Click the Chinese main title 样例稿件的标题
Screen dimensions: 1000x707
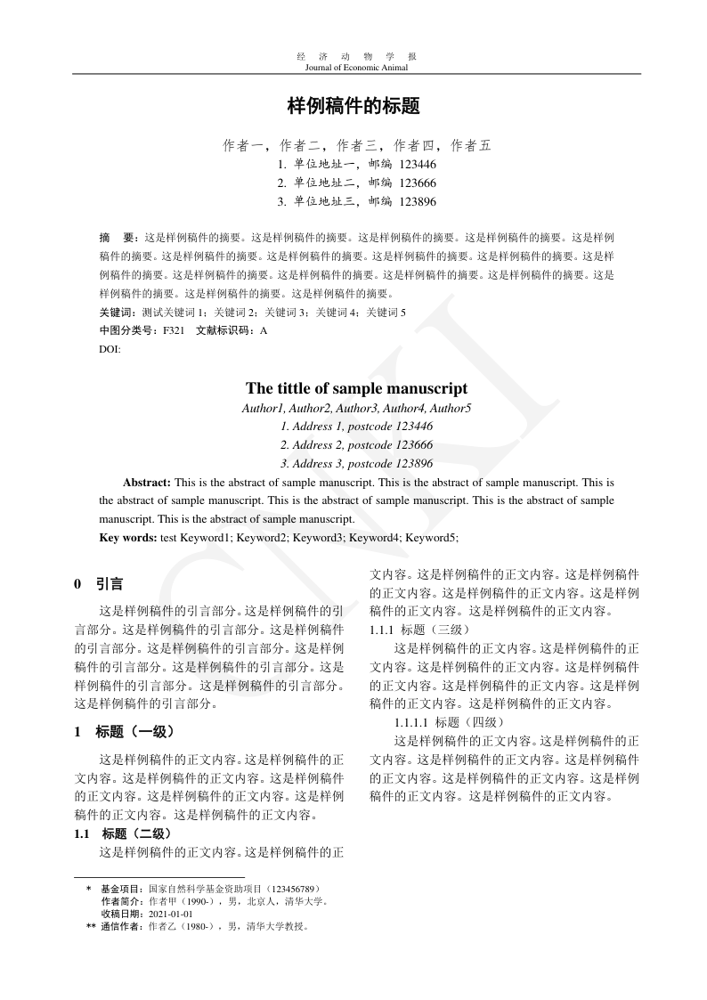353,107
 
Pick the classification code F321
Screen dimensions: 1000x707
173,330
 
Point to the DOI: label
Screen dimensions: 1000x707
110,349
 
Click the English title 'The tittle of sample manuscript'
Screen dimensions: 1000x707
356,389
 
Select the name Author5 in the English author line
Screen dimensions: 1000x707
451,409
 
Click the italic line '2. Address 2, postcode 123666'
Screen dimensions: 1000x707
356,445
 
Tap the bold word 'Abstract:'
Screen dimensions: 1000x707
147,483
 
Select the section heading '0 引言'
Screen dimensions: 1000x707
99,584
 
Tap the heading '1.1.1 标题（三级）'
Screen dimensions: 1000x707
411,630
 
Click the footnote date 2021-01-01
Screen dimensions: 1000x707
171,914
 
